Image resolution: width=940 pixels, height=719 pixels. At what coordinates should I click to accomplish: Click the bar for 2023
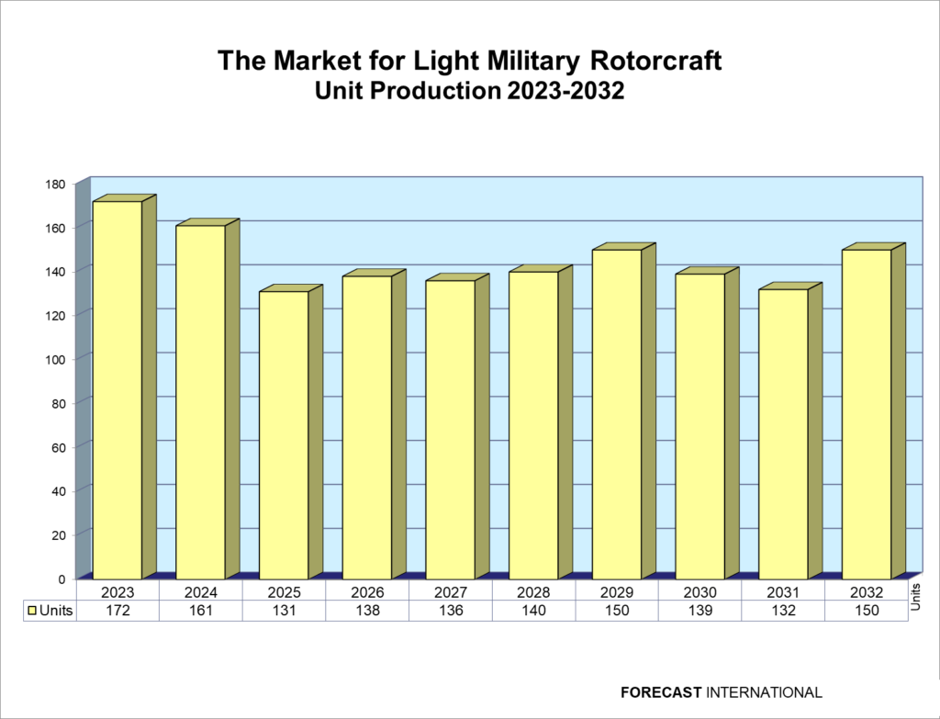coord(117,389)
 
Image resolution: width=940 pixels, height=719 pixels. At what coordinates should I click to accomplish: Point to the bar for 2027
coord(450,429)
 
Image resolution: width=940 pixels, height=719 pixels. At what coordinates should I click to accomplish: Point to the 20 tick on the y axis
coord(58,534)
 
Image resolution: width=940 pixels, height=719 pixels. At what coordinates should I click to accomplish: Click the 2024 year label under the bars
coord(201,592)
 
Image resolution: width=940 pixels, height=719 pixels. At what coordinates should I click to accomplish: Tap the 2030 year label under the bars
coord(700,592)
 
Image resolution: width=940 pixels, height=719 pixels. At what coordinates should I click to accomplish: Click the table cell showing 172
coord(117,611)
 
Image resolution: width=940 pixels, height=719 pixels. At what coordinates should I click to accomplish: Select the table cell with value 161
coord(201,611)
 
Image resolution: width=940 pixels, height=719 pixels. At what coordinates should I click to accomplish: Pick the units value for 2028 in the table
coord(533,611)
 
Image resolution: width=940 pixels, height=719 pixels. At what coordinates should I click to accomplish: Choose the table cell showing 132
coord(783,611)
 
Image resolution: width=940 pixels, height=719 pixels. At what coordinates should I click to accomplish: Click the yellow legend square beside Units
coord(33,611)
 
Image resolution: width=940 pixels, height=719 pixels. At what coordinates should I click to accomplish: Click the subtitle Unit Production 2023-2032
coord(469,91)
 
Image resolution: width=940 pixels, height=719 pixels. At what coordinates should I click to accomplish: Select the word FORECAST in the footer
coord(661,692)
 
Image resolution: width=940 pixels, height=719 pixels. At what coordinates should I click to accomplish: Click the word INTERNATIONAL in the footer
coord(765,692)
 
